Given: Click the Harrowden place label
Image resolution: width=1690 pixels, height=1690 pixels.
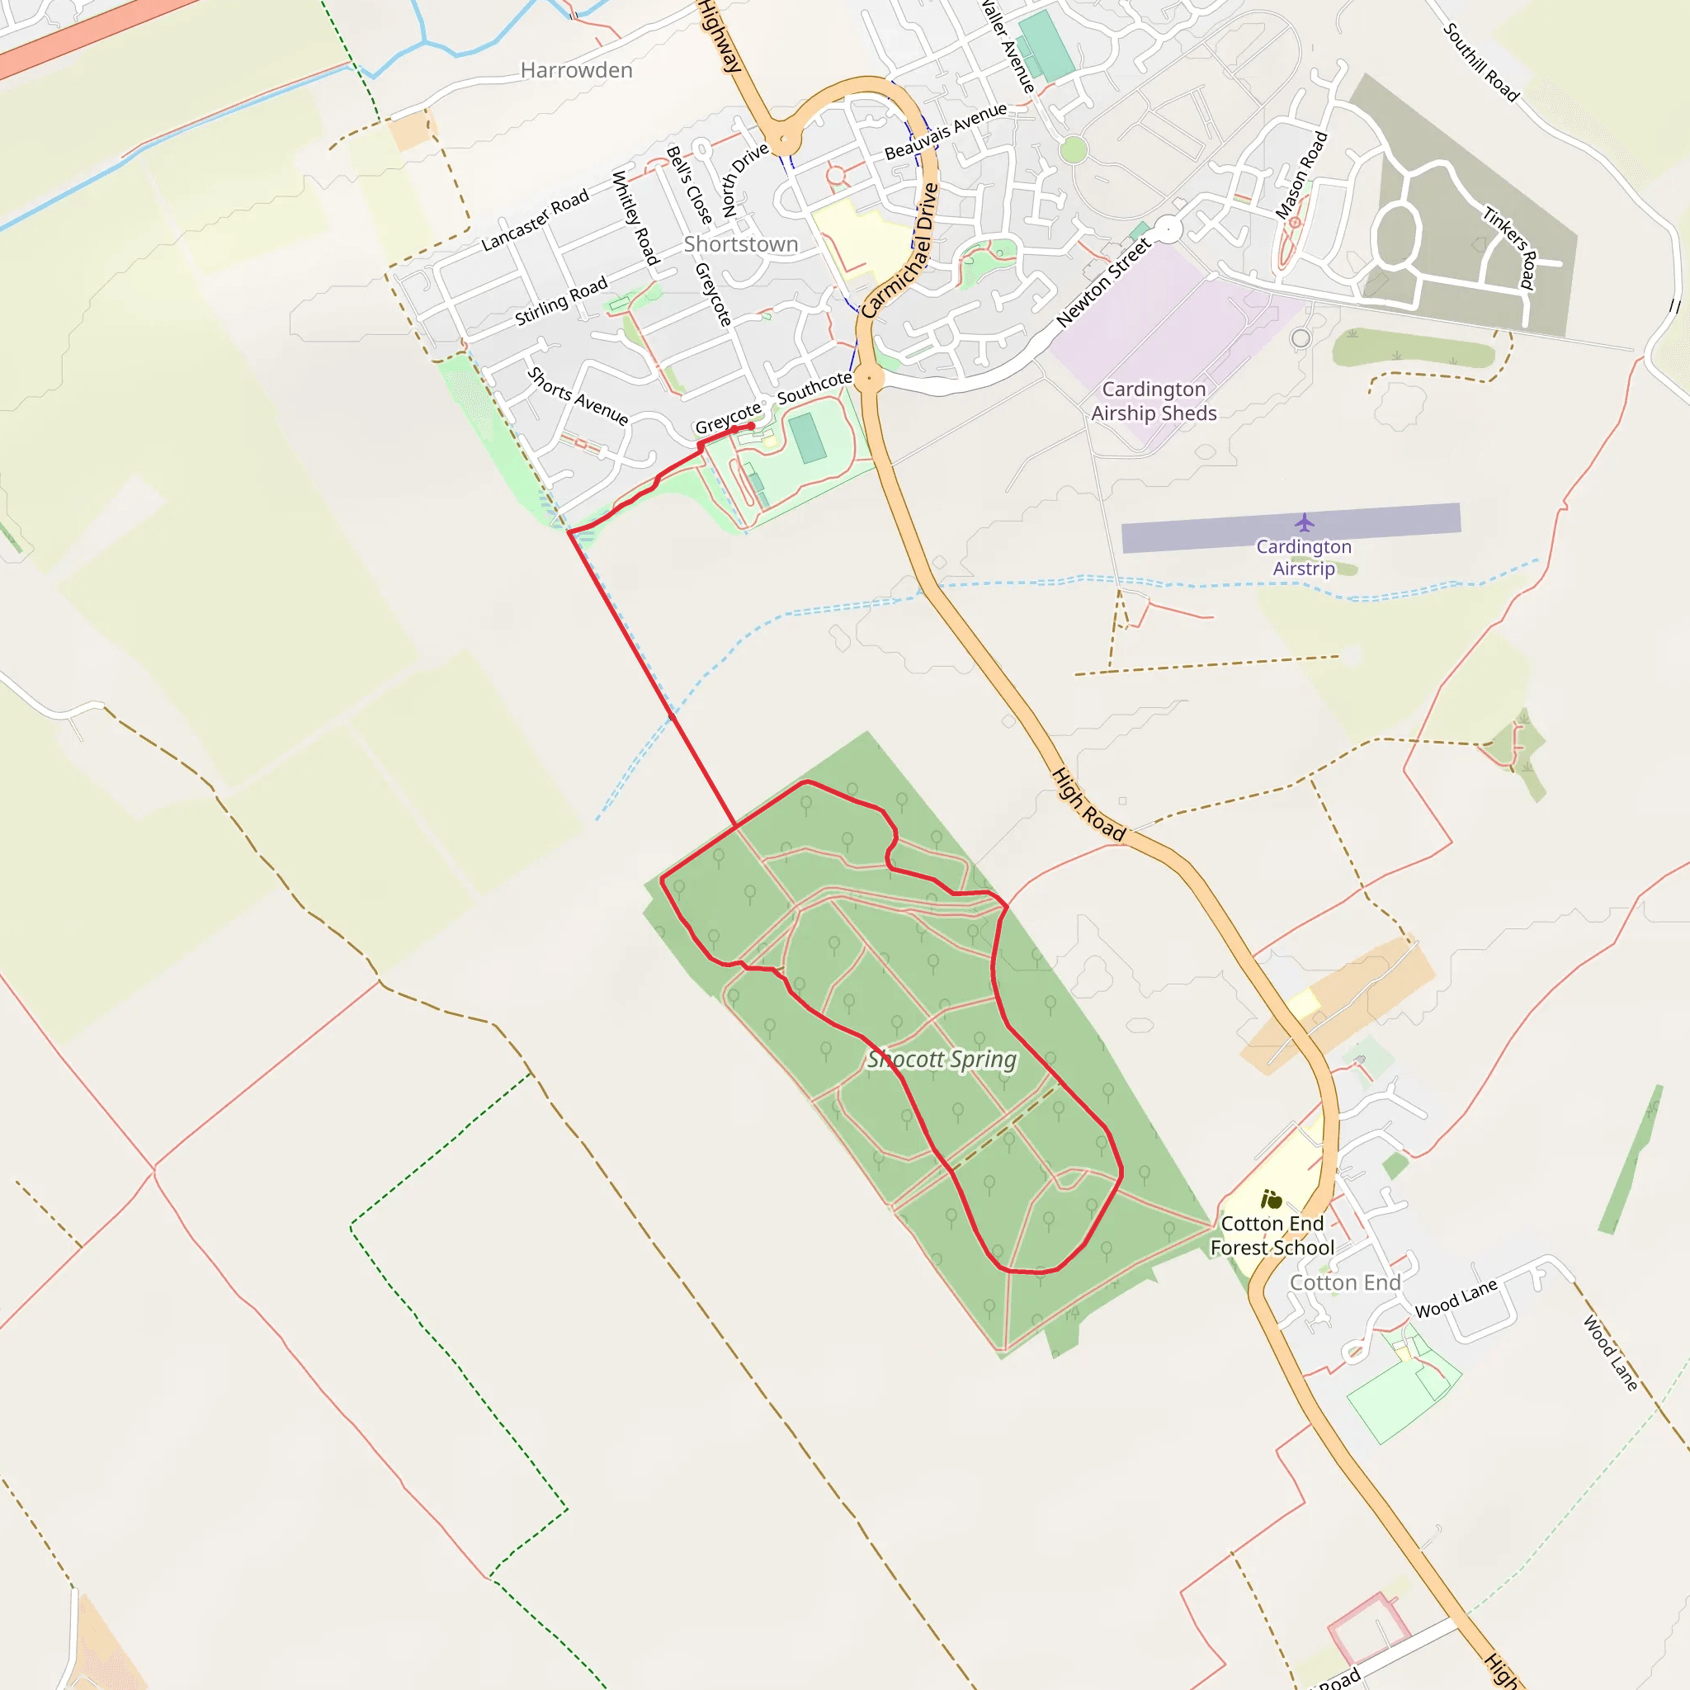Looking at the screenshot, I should point(576,70).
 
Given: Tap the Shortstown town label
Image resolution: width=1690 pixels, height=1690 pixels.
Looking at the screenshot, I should point(740,244).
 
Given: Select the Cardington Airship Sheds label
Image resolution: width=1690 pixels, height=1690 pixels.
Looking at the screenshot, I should point(1154,400).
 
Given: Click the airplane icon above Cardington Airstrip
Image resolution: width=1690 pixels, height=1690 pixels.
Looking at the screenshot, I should point(1305,523).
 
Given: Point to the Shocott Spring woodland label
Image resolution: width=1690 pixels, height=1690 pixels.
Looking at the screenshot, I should point(942,1060).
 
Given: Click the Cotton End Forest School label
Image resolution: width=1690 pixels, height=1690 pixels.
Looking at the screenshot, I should point(1272,1235).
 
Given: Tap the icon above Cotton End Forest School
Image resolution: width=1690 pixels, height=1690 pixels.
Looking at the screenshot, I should point(1271,1199).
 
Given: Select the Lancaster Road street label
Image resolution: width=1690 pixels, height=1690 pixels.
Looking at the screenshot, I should point(536,221).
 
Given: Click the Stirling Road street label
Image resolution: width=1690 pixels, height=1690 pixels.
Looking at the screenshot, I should point(560,301).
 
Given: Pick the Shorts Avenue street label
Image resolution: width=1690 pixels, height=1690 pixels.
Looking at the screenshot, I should point(578,395).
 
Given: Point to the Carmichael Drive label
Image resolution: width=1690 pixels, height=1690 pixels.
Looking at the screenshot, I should point(900,250).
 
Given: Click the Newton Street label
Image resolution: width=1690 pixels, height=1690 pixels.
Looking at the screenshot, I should point(1104,282).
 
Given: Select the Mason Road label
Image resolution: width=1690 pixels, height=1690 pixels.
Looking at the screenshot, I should point(1301,175).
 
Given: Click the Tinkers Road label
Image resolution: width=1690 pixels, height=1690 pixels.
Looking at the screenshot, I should point(1511,247).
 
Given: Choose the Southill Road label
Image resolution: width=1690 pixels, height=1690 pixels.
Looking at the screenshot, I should point(1481,62).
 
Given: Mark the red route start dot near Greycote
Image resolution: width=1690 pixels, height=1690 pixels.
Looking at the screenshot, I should point(751,426).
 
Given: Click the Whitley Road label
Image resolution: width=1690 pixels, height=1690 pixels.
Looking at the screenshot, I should point(635,218).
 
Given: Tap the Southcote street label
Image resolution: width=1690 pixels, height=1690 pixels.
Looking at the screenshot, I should point(814,387).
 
